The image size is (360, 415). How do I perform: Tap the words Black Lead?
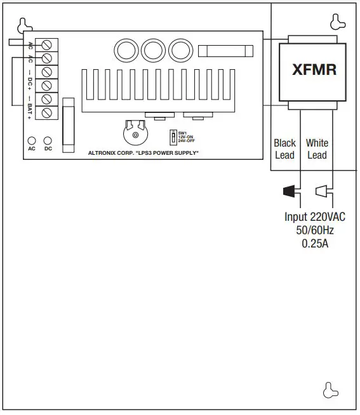[x=285, y=149]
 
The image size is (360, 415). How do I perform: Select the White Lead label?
[x=317, y=149]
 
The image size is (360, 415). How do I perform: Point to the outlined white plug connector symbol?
[x=323, y=190]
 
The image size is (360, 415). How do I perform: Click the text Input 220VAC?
[x=315, y=216]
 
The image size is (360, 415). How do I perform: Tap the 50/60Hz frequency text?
[x=315, y=230]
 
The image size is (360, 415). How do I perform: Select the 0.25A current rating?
[x=315, y=243]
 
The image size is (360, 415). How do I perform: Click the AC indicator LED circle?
[x=31, y=140]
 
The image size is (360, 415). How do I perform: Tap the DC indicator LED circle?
[x=48, y=140]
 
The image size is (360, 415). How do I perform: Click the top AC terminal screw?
[x=46, y=44]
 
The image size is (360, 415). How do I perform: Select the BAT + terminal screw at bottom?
[x=46, y=112]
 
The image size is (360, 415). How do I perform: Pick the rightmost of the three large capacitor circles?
[x=181, y=51]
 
